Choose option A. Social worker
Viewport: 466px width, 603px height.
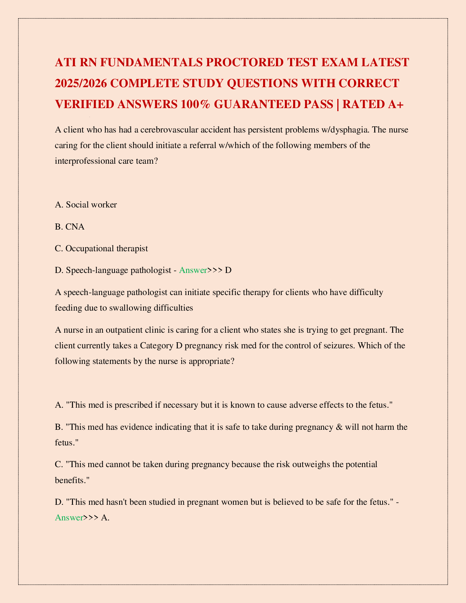coord(86,205)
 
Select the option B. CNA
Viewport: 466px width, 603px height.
coord(70,227)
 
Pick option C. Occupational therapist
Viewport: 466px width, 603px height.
coord(101,249)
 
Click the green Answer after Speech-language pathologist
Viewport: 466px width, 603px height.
coord(193,271)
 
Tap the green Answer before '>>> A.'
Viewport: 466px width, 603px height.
coord(69,518)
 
